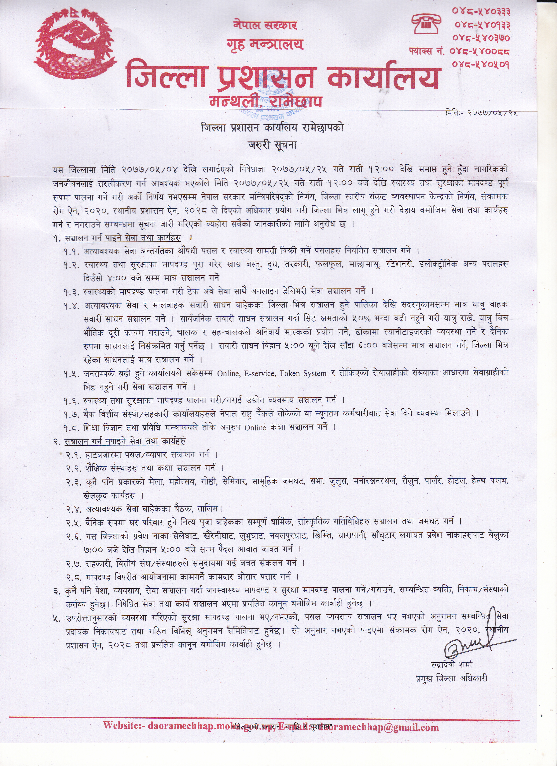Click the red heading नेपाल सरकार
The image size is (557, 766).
click(x=265, y=25)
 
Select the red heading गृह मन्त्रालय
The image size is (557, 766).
click(x=265, y=45)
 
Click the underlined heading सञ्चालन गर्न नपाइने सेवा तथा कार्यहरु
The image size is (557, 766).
click(x=125, y=441)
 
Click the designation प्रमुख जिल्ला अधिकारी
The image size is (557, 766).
click(x=452, y=678)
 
